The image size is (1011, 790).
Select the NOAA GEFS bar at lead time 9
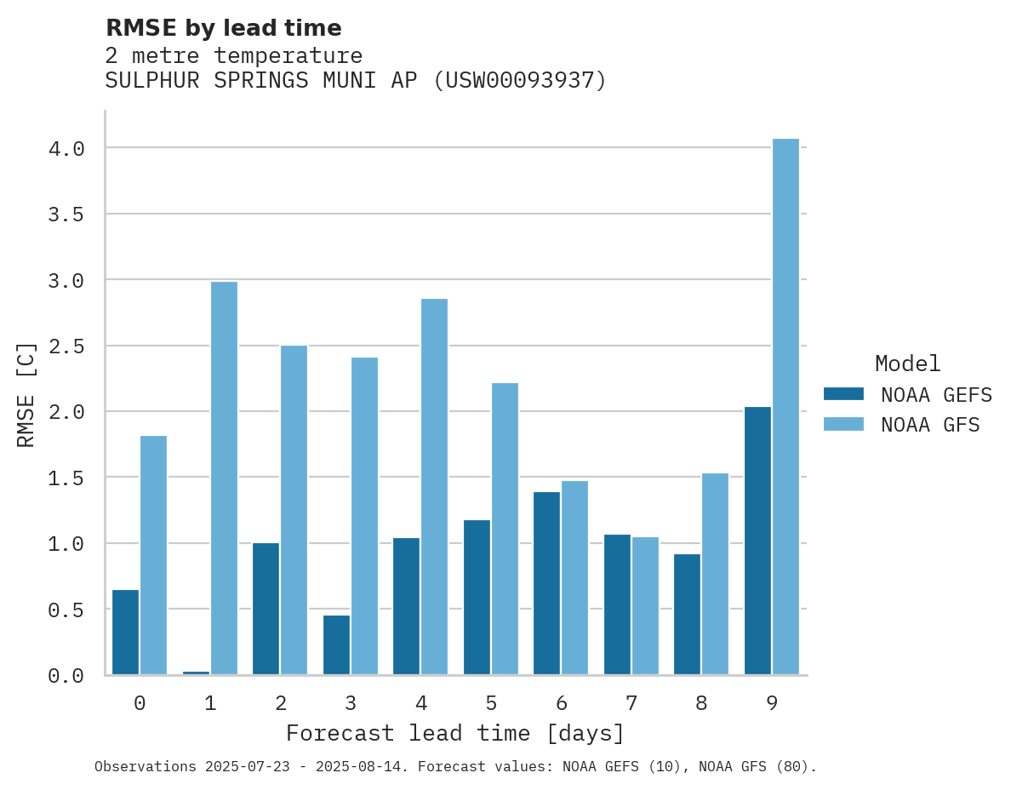[757, 541]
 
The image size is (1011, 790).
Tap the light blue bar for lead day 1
[224, 478]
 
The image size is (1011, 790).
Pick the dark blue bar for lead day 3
[336, 644]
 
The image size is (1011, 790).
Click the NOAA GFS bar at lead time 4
[434, 486]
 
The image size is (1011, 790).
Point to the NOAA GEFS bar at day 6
[546, 583]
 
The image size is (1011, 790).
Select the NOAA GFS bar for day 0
[153, 555]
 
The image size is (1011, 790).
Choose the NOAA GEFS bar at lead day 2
[266, 609]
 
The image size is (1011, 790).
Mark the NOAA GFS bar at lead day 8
[715, 574]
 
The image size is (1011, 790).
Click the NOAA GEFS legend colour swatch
[843, 394]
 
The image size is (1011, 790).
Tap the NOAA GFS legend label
[930, 424]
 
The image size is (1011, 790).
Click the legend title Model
[907, 364]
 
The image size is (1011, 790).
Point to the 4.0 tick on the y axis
[66, 149]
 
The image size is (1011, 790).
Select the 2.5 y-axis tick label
[66, 346]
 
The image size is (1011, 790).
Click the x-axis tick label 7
[631, 703]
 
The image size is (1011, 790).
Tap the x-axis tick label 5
[491, 703]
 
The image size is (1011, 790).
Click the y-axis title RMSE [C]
[26, 393]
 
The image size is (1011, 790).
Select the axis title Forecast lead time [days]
[455, 733]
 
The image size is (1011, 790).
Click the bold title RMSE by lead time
[223, 28]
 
